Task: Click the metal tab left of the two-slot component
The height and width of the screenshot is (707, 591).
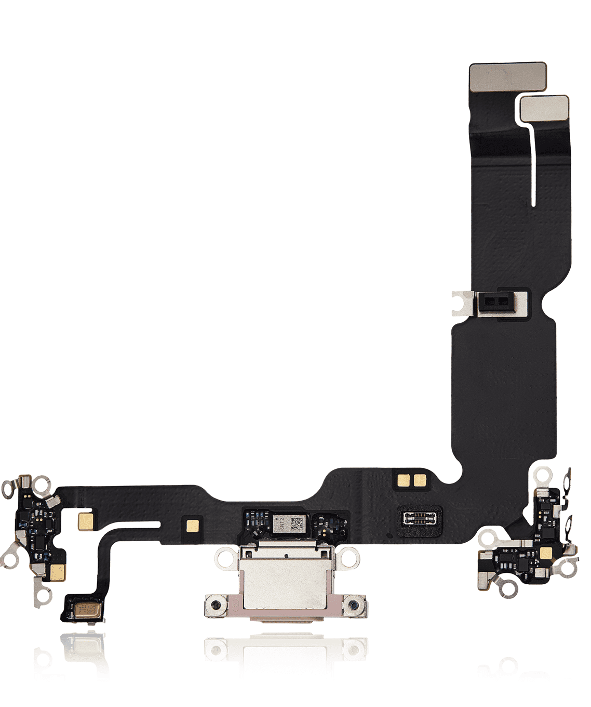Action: point(462,303)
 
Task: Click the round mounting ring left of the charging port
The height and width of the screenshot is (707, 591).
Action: point(225,559)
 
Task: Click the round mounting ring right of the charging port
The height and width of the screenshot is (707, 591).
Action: point(350,559)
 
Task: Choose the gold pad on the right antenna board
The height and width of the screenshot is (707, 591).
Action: point(546,553)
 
